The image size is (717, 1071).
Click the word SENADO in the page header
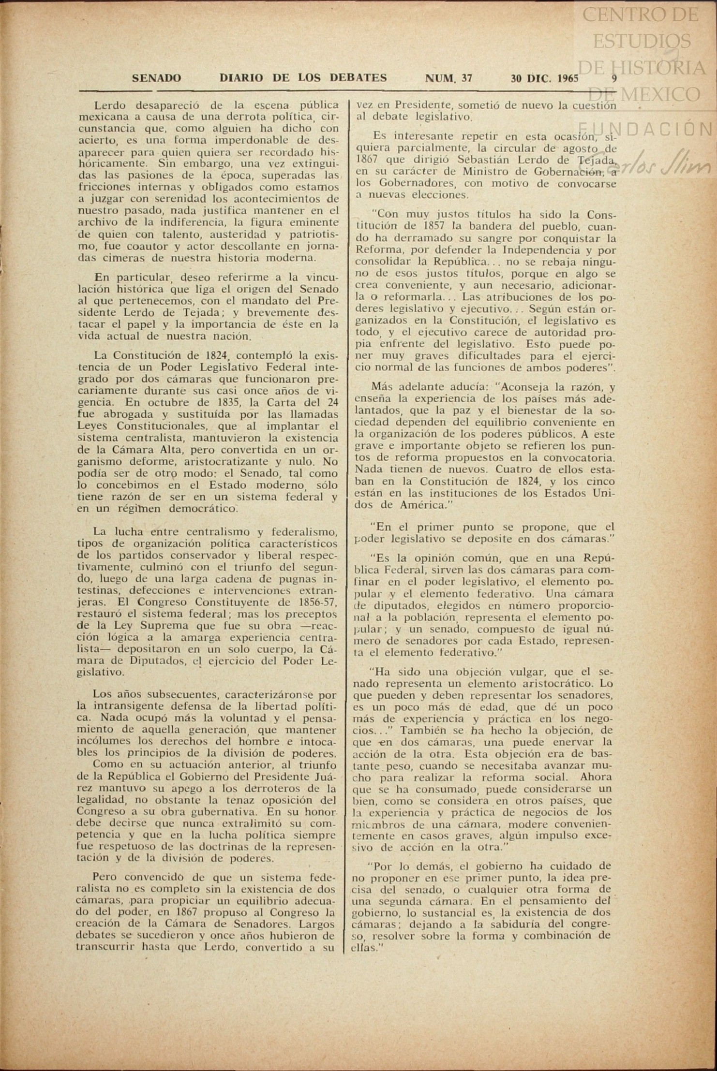tap(156, 78)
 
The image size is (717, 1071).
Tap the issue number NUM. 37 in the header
tap(448, 78)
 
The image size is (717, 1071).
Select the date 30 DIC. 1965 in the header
tap(545, 78)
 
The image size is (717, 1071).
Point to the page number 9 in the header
tap(614, 78)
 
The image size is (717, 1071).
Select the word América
tap(420, 505)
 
